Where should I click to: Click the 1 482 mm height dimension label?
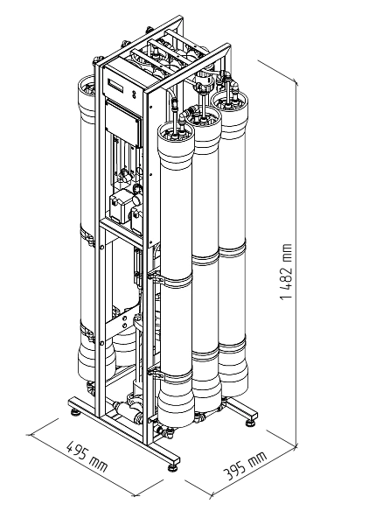tap(287, 271)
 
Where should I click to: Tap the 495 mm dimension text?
tap(87, 456)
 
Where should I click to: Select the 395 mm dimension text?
tap(245, 465)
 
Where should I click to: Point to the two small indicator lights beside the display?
tap(134, 94)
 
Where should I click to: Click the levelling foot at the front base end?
tap(173, 466)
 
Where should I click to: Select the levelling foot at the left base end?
tap(74, 410)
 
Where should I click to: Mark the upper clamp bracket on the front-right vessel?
tap(155, 276)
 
